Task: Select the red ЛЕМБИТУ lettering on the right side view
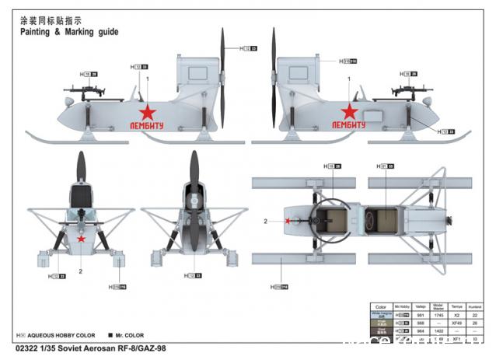pos(348,124)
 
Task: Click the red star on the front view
pos(81,239)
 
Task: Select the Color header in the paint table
pos(380,306)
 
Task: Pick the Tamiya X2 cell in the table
pos(457,314)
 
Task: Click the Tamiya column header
pos(457,306)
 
